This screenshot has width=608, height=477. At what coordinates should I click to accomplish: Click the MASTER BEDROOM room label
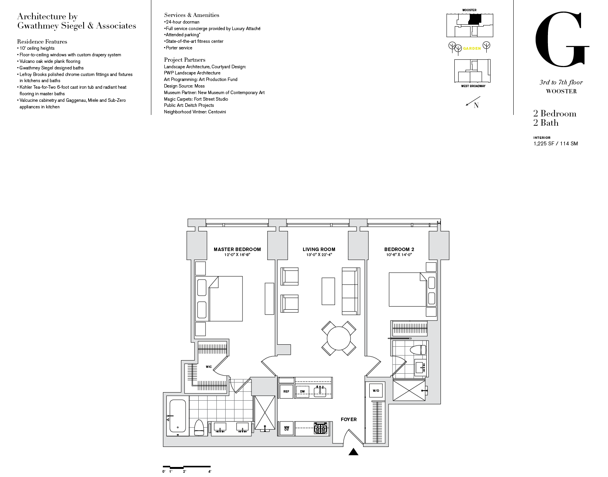[237, 249]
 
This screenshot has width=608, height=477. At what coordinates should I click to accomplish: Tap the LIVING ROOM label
[319, 249]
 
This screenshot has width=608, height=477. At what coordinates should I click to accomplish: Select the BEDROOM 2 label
[399, 249]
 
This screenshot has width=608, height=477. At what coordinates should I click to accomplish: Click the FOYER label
[348, 419]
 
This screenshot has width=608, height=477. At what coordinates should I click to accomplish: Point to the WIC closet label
[209, 367]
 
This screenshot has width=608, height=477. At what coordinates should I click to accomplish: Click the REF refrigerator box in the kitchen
[286, 391]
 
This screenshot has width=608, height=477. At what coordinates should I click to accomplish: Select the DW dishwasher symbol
[303, 391]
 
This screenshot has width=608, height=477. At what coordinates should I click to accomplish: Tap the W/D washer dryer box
[376, 391]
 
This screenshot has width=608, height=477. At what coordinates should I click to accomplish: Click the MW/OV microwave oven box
[286, 428]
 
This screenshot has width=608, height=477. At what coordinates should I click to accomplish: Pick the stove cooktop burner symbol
[320, 428]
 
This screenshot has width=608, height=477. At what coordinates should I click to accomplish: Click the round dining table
[338, 338]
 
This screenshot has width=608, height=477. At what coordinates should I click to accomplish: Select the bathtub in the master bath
[178, 416]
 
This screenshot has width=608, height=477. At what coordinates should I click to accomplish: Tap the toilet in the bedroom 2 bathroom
[418, 350]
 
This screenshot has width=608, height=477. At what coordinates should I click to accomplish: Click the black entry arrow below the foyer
[353, 452]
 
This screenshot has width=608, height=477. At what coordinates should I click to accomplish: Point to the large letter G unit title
[562, 39]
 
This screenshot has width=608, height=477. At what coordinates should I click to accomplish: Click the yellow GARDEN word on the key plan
[472, 49]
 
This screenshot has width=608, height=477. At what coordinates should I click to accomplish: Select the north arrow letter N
[476, 106]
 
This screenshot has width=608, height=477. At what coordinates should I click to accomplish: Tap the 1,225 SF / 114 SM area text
[555, 143]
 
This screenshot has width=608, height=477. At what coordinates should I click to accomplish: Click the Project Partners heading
[185, 60]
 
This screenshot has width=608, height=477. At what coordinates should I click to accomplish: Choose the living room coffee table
[328, 291]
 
